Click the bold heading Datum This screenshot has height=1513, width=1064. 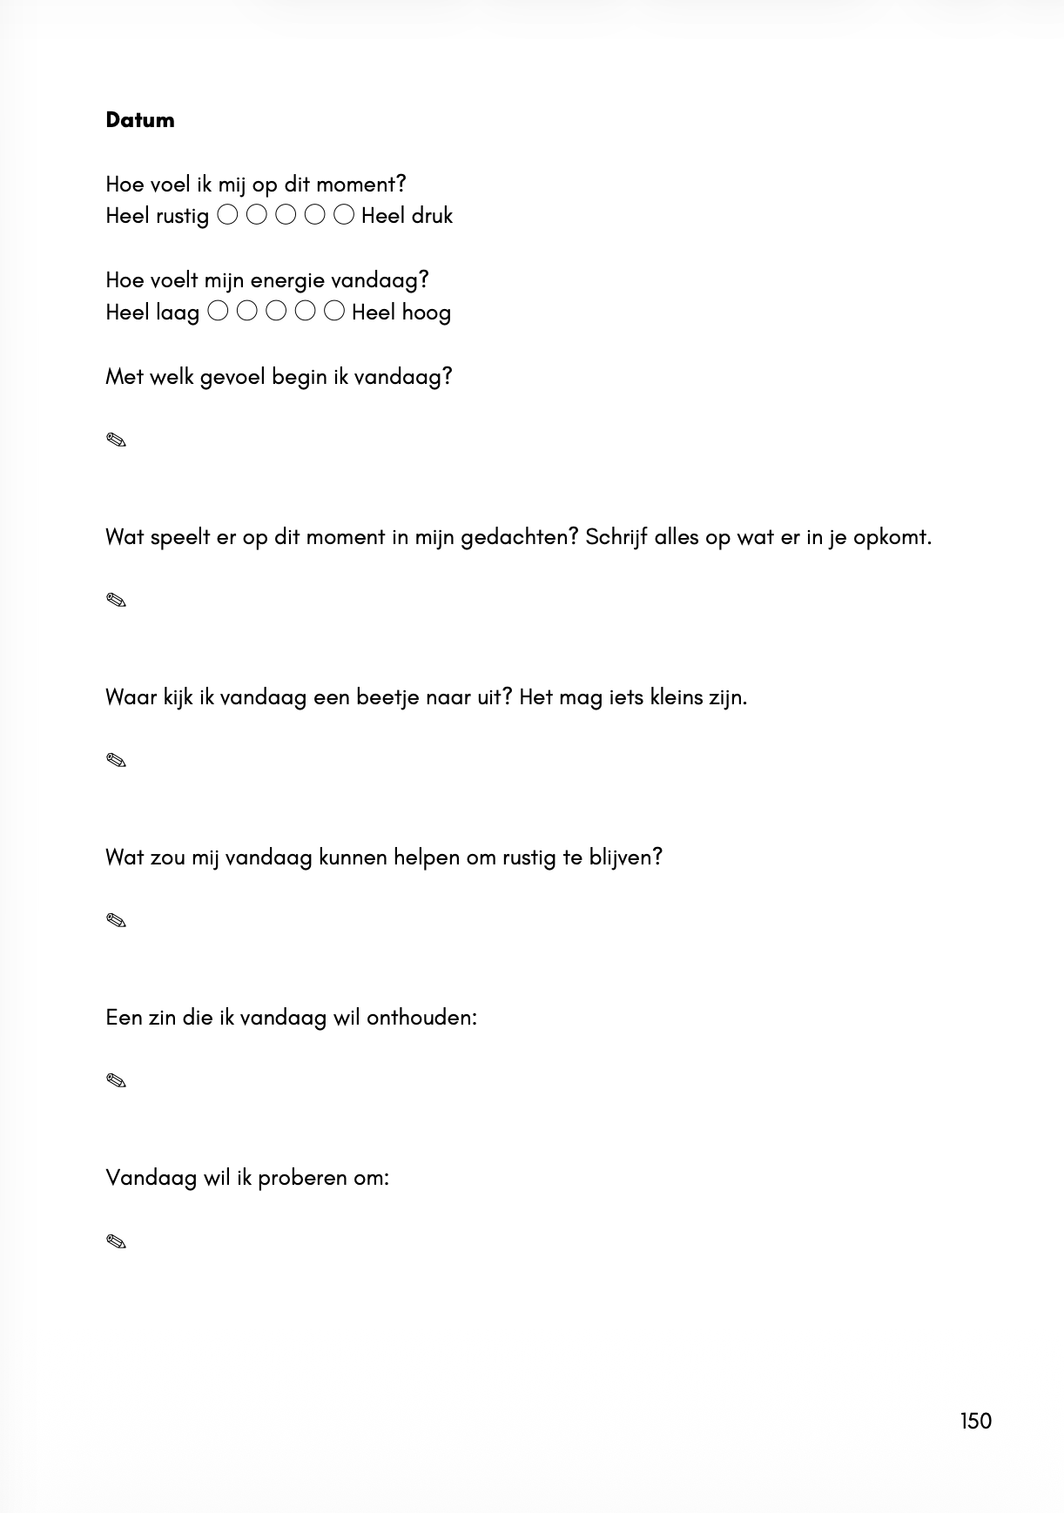139,120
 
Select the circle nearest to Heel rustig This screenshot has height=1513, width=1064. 227,214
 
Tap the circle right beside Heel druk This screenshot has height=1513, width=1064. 344,214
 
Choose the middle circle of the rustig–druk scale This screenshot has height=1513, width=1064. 286,214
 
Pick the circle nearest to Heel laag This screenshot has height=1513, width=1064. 219,311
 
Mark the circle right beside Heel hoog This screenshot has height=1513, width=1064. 334,311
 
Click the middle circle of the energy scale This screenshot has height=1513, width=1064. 276,311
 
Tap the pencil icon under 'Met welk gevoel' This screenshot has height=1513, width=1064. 116,440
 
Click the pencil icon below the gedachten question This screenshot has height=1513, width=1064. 116,601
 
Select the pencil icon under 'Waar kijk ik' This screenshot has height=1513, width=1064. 116,761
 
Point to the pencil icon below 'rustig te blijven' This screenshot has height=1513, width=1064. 116,921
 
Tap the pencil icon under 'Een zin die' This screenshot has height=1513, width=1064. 116,1081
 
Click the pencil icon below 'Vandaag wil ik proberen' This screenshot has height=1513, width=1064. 116,1241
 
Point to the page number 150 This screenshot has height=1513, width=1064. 975,1422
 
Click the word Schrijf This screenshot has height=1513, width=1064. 616,537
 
